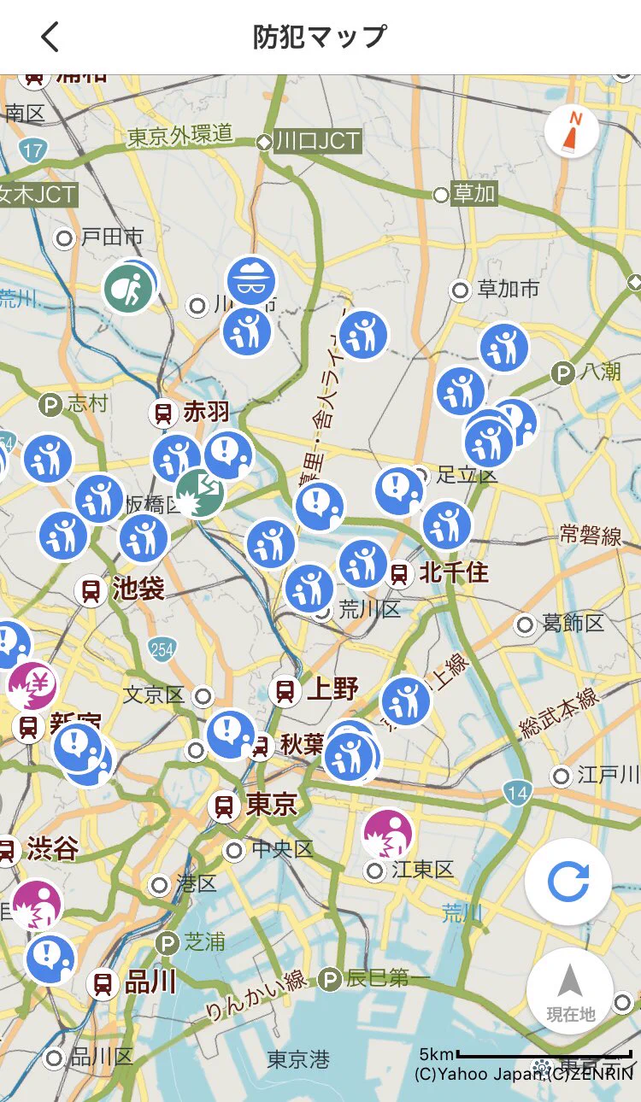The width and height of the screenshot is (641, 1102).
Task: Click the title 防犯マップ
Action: (x=320, y=38)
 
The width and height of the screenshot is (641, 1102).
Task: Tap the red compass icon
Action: (x=572, y=131)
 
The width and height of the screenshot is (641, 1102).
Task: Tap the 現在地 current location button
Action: (x=570, y=991)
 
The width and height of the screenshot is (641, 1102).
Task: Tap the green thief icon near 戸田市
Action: (x=128, y=289)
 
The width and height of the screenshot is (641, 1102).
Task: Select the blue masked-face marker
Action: (x=251, y=281)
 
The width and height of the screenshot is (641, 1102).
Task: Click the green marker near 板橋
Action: (x=200, y=493)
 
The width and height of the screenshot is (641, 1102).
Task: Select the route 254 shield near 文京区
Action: (x=162, y=649)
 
